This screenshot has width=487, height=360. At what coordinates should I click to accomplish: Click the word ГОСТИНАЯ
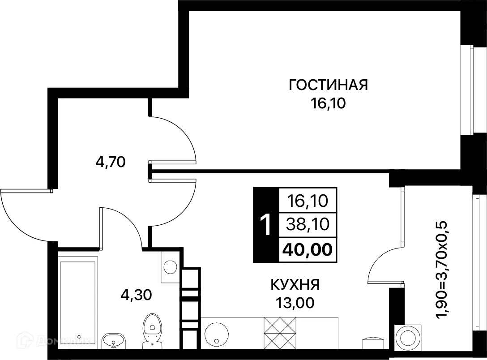point(328,85)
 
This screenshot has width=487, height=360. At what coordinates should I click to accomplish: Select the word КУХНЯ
point(295,284)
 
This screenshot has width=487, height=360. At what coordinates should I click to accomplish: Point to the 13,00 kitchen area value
point(295,303)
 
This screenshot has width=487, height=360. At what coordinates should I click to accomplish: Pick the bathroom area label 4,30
point(136,294)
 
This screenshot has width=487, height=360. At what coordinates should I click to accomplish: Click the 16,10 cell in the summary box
point(308,201)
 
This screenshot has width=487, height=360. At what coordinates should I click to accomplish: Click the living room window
point(469,90)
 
